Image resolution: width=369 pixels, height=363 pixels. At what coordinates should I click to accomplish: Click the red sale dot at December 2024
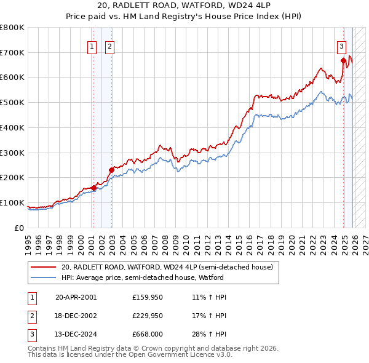(343, 60)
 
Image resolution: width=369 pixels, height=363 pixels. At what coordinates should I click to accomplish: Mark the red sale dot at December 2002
(111, 170)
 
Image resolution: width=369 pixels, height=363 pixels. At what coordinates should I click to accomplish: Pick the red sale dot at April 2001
(93, 188)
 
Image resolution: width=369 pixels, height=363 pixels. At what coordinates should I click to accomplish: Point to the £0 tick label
(20, 228)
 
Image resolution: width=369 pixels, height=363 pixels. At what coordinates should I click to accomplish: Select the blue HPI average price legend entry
(161, 277)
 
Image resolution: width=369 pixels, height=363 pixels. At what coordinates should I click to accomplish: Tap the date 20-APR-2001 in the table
(76, 297)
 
